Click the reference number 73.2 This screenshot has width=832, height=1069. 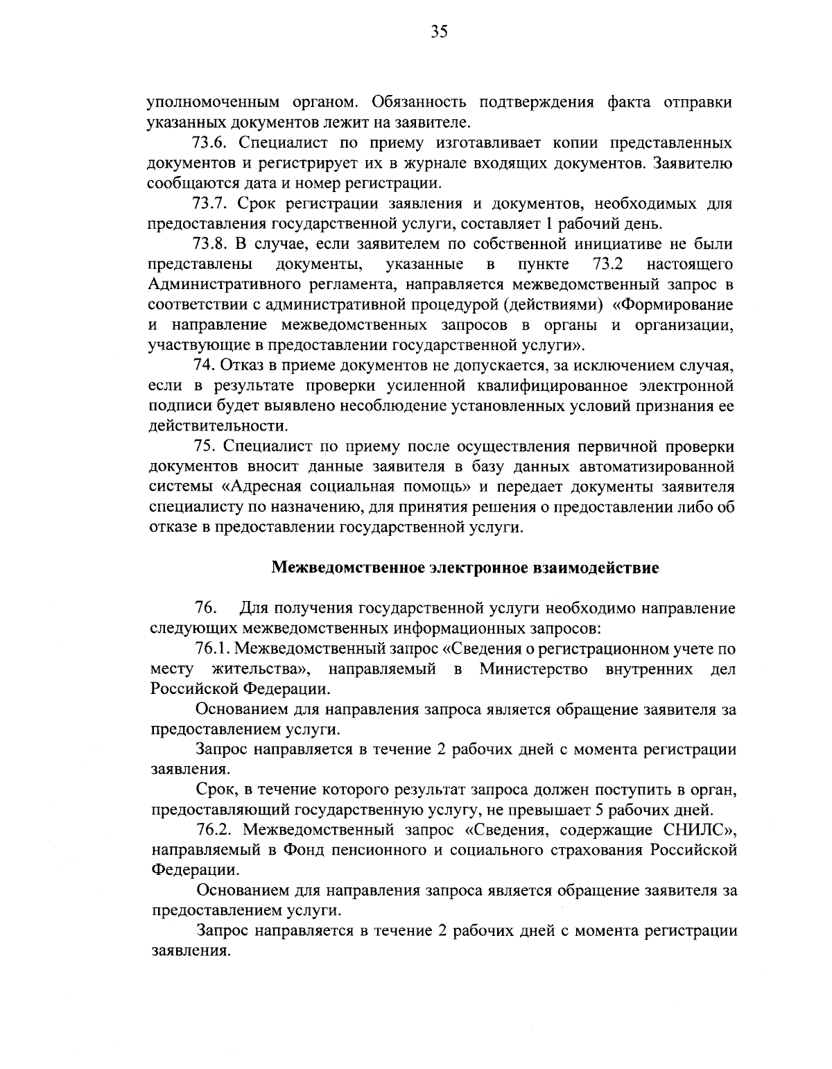(609, 264)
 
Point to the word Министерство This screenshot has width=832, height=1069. (534, 670)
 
